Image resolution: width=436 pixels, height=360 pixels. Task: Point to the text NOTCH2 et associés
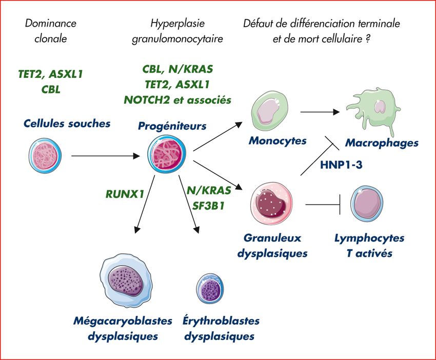(x=177, y=99)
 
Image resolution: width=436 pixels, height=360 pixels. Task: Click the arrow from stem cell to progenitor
(x=106, y=155)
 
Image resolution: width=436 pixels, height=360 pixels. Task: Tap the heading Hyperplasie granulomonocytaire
(x=177, y=31)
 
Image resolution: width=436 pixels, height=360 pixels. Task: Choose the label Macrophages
(x=382, y=143)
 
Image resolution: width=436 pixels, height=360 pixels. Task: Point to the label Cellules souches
(x=67, y=124)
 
